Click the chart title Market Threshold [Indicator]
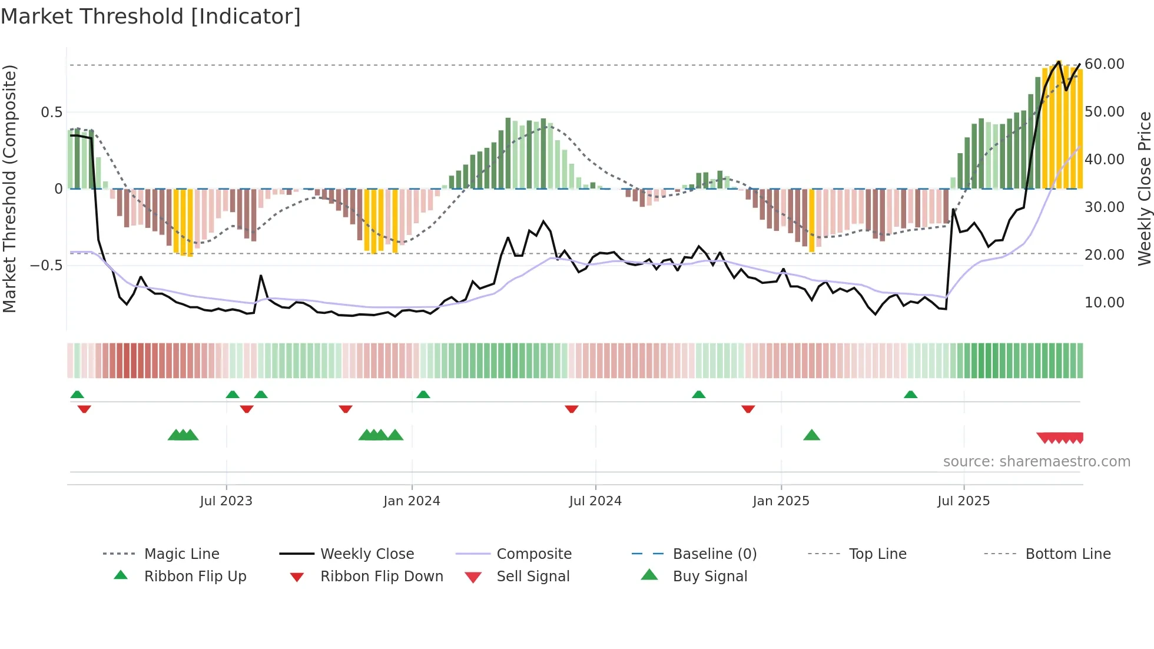click(x=151, y=16)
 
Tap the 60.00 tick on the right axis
click(x=1104, y=64)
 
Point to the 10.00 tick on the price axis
click(x=1104, y=302)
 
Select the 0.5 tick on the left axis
click(x=51, y=112)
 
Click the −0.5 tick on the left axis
click(x=47, y=265)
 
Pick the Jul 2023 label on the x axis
click(x=226, y=501)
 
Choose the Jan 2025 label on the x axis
click(x=781, y=501)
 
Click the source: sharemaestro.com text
click(x=1036, y=461)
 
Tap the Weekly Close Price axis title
click(x=1144, y=188)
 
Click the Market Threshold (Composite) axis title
click(x=9, y=188)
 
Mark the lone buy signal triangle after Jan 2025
click(x=811, y=435)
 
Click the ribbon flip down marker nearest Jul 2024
click(x=571, y=409)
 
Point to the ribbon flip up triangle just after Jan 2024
click(x=423, y=394)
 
